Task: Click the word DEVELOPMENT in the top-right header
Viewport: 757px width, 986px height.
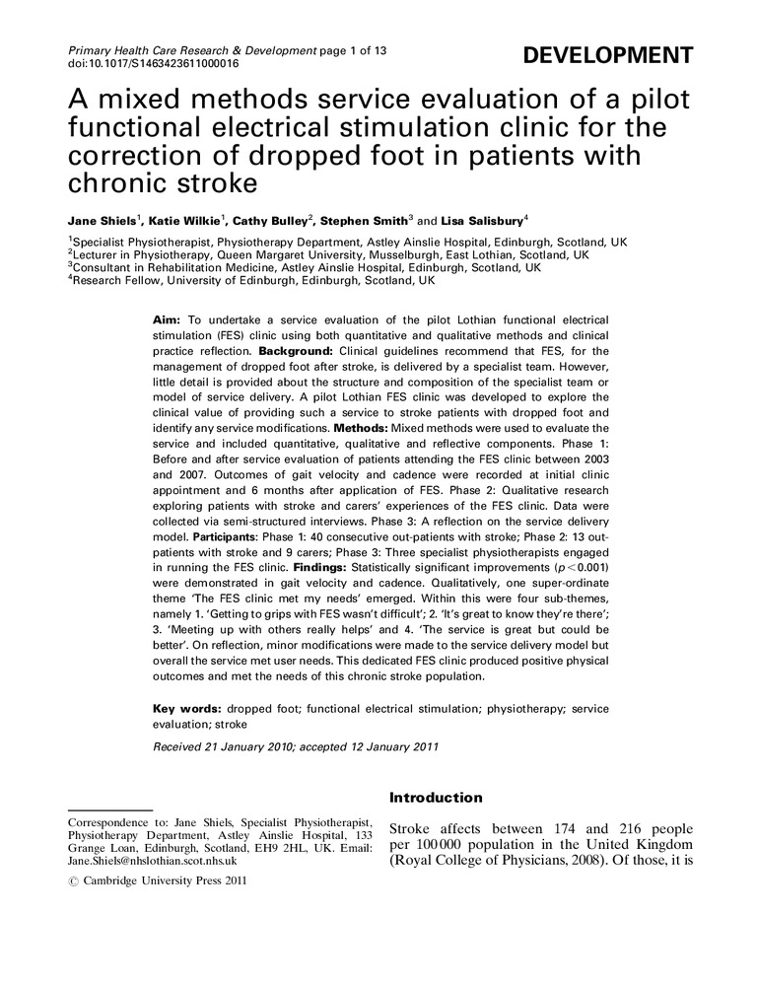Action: pos(607,55)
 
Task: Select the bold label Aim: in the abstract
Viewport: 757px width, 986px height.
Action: pos(167,320)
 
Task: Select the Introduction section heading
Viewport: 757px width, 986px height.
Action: pos(436,797)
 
